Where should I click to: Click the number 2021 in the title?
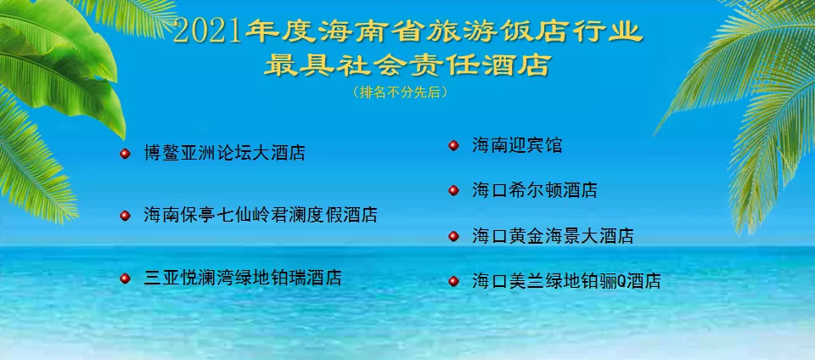tap(207, 32)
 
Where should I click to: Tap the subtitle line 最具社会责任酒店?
tap(407, 65)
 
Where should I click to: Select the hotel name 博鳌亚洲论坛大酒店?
tap(224, 154)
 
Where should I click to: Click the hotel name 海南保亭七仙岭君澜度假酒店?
tap(261, 215)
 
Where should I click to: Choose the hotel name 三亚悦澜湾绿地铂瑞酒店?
tap(243, 278)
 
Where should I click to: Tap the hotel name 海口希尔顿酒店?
tap(535, 190)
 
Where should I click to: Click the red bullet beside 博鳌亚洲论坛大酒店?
tap(125, 154)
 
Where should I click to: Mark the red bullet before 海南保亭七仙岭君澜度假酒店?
tap(125, 216)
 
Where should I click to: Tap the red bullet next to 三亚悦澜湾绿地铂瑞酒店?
tap(125, 278)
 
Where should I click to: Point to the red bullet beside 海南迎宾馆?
tap(453, 145)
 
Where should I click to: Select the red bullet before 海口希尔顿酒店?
tap(453, 190)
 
